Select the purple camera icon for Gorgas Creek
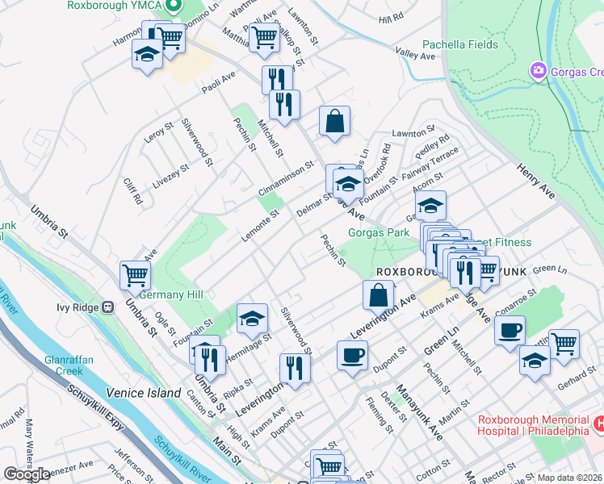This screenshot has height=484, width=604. [538, 72]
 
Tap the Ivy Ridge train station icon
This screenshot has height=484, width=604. [107, 307]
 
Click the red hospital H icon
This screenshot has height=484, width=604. [599, 423]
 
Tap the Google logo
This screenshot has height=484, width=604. [27, 474]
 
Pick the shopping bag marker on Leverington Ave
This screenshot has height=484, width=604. [379, 295]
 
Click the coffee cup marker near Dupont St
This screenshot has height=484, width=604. [351, 354]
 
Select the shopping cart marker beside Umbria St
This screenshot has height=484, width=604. [135, 275]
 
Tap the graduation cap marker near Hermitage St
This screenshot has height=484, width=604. [252, 319]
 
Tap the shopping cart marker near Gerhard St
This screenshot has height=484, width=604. [564, 344]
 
